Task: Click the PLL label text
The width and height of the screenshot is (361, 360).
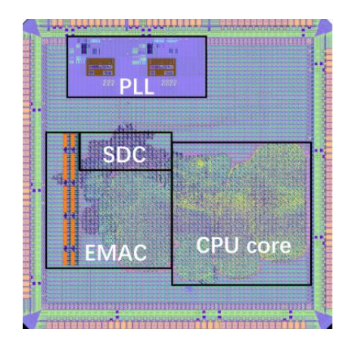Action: click(x=136, y=86)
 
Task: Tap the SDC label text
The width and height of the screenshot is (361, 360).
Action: click(x=124, y=154)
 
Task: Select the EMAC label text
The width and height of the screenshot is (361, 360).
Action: click(x=116, y=253)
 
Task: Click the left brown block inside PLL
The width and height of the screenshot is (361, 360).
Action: click(x=101, y=67)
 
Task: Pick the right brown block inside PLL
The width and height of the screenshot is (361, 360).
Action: click(x=162, y=67)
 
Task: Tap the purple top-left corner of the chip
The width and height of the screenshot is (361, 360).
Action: click(x=31, y=26)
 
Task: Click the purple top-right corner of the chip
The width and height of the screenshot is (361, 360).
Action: click(x=324, y=26)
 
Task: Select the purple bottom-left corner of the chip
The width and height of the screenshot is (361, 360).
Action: click(x=31, y=320)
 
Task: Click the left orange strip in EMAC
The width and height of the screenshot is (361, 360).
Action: click(x=65, y=199)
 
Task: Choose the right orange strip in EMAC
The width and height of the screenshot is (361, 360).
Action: click(x=73, y=199)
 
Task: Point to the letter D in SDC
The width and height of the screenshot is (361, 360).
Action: click(x=124, y=154)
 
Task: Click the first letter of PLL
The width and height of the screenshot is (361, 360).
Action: click(x=125, y=86)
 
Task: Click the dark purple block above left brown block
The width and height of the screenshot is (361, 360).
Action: click(x=84, y=48)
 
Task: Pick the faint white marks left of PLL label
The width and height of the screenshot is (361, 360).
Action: click(x=108, y=83)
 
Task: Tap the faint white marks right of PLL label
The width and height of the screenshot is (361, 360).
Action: click(x=169, y=83)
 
